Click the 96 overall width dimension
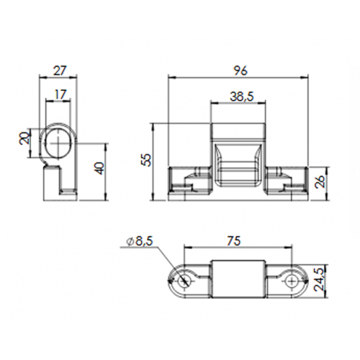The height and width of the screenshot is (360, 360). (240, 71)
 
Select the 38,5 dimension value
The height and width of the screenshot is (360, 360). (241, 96)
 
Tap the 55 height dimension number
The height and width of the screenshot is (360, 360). (146, 160)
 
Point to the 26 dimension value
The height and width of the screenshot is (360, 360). (320, 181)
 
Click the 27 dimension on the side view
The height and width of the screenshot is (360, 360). (59, 71)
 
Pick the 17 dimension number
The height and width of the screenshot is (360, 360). (60, 94)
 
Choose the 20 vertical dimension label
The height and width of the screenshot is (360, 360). (24, 138)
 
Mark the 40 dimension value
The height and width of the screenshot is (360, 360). (100, 168)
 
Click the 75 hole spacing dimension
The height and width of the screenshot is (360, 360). (234, 241)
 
